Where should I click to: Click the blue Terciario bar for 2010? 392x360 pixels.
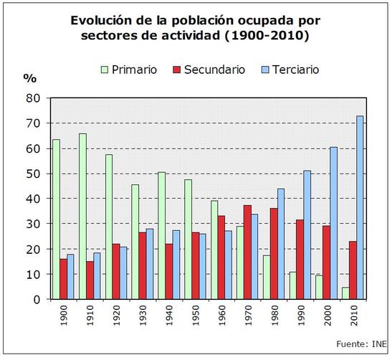point(360,207)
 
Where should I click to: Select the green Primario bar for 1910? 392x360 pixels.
point(82,216)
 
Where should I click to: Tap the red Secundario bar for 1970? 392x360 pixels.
point(248,252)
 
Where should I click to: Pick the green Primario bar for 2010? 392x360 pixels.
point(345,293)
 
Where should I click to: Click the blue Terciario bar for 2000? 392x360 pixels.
point(334,223)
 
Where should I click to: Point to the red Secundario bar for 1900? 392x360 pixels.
point(63,279)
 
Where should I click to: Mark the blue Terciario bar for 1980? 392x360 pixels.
point(281,244)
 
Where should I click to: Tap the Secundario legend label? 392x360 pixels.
point(214,70)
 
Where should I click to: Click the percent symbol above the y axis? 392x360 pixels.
point(29,77)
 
